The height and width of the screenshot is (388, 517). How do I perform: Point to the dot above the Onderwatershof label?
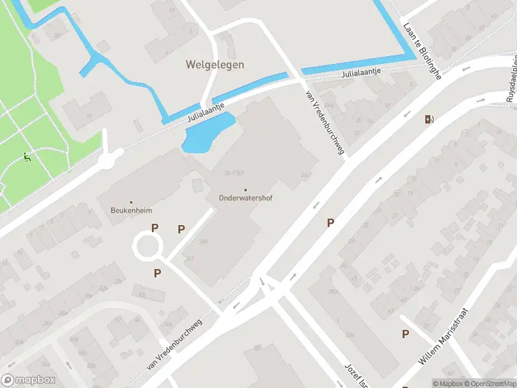tap(245, 190)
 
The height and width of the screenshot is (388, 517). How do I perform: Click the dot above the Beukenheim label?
tap(131, 202)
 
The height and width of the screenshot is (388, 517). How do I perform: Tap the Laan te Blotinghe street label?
tap(421, 52)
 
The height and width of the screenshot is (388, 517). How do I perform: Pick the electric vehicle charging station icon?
tap(428, 119)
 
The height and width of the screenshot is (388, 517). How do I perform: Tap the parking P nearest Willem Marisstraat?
tap(405, 334)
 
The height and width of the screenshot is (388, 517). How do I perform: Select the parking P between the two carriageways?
tap(330, 223)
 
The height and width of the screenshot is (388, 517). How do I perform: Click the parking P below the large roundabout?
tap(157, 274)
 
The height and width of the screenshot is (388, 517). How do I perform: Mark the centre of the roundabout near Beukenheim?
tap(147, 246)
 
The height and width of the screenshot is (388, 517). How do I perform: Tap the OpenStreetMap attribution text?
tap(489, 383)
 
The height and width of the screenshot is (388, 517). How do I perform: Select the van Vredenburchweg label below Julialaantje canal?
tap(325, 122)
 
